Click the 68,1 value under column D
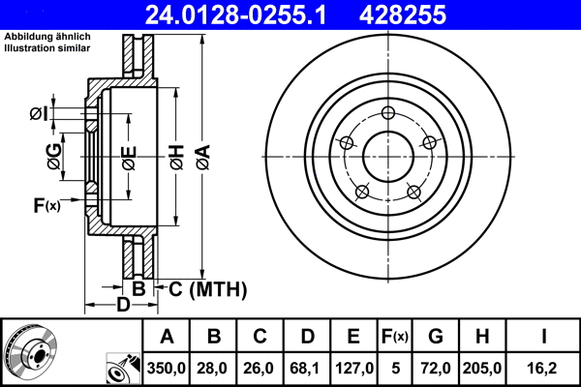307,368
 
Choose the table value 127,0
354,368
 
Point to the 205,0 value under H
484,368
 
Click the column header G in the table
435,338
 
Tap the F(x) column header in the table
394,338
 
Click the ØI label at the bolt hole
38,114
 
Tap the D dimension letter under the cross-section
123,306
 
